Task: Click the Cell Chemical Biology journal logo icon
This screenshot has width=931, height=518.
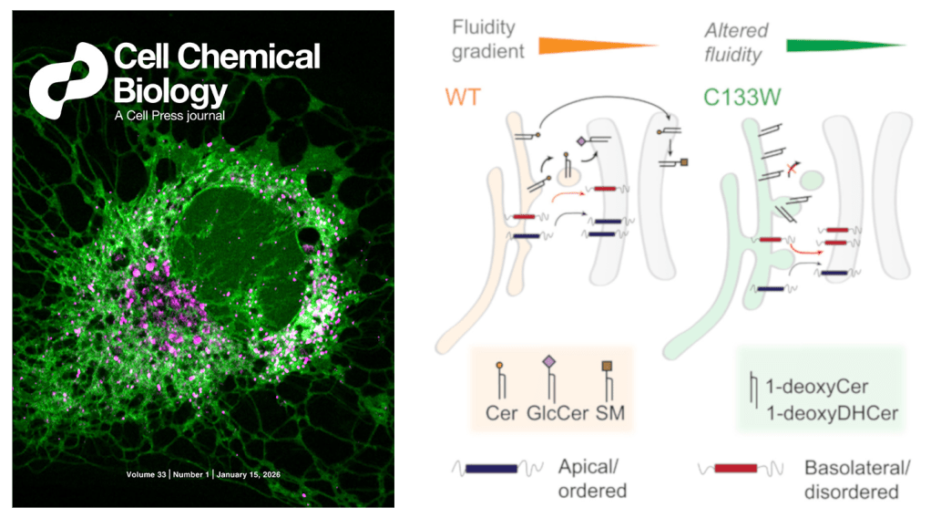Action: (66, 79)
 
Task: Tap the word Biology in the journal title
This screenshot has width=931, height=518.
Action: (170, 91)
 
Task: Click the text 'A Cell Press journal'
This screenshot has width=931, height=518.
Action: (170, 116)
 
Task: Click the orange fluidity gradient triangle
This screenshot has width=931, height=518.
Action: (597, 44)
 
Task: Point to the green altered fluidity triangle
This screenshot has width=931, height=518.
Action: (844, 44)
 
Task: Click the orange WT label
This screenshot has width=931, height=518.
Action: (463, 97)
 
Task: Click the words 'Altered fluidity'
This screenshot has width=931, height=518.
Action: (733, 42)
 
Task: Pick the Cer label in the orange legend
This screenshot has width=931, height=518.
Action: (501, 412)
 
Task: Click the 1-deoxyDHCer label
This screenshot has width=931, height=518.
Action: (832, 412)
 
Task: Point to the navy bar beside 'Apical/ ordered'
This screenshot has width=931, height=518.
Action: (491, 469)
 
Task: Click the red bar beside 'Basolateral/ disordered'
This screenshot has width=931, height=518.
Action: (736, 469)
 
